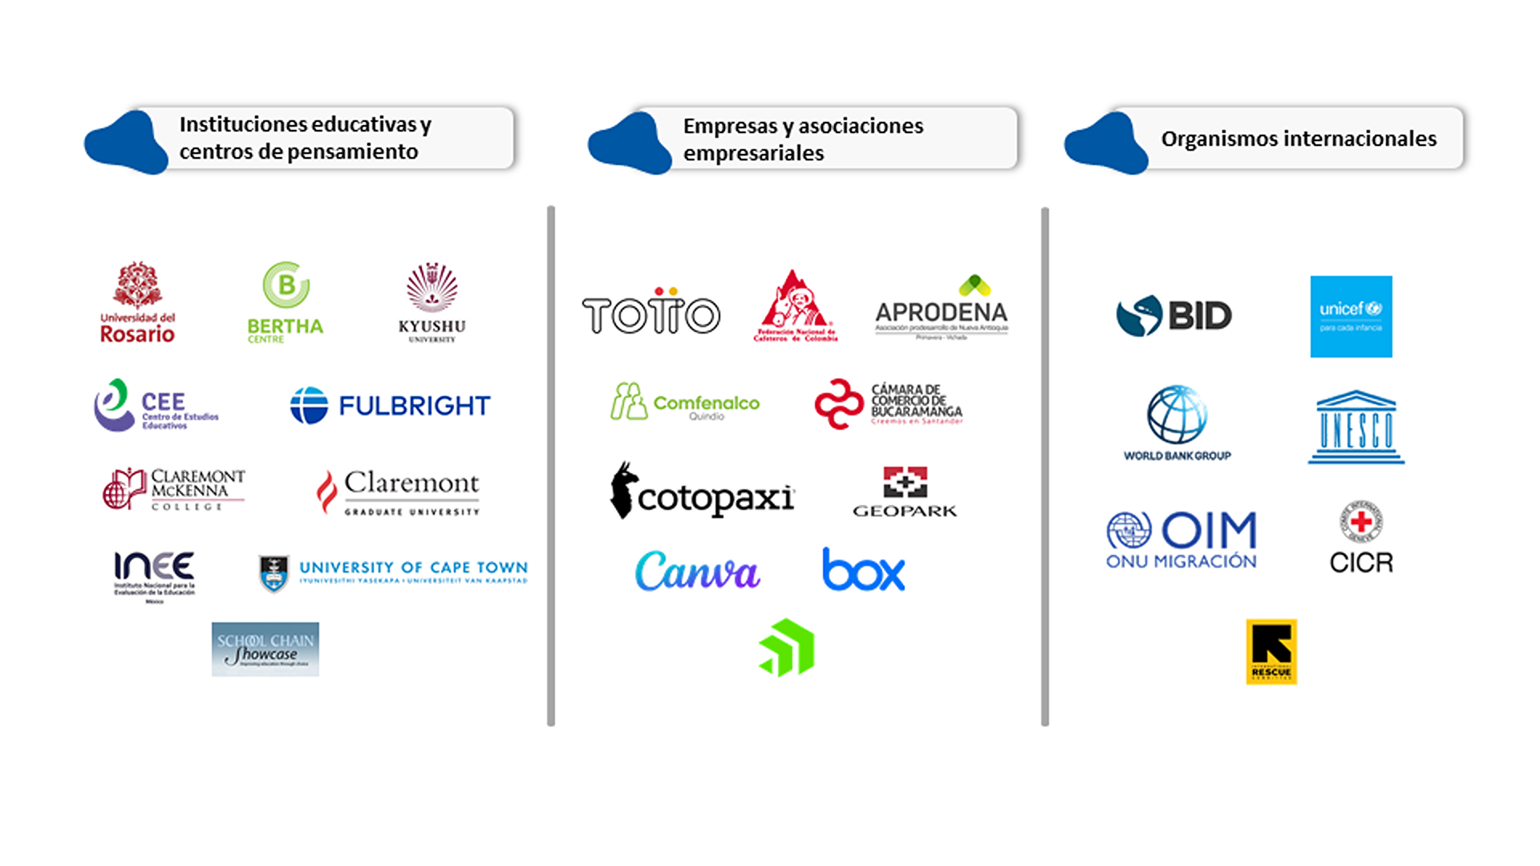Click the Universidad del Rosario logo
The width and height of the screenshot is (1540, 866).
click(137, 302)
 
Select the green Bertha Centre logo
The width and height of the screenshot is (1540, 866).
click(286, 302)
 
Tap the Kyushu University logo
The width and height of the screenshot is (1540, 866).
click(432, 302)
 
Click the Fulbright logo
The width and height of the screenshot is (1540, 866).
click(390, 405)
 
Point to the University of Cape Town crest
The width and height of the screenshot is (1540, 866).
click(274, 573)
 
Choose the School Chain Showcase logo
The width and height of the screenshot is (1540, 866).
click(265, 649)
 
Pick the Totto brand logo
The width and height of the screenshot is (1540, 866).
click(651, 313)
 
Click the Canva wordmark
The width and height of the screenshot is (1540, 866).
click(697, 571)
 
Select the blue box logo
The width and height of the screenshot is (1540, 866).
click(864, 570)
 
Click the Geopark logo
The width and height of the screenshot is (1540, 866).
click(905, 492)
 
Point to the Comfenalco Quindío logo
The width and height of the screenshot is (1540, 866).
click(685, 402)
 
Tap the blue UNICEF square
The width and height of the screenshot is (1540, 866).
click(1351, 317)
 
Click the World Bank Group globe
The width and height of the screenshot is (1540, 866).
click(1177, 415)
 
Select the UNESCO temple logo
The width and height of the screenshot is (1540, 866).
click(1356, 427)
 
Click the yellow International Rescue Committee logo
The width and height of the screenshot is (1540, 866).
click(1271, 651)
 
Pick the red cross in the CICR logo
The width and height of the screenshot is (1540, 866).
click(1361, 522)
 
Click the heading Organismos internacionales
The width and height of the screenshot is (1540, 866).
click(1299, 139)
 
